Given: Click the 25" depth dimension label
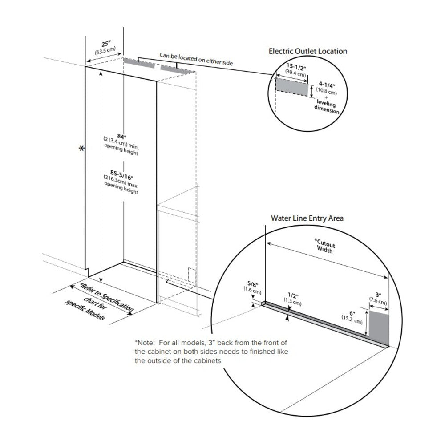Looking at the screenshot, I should pyautogui.click(x=105, y=44).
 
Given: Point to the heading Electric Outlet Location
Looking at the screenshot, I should pyautogui.click(x=307, y=51).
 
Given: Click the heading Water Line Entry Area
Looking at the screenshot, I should pyautogui.click(x=307, y=218).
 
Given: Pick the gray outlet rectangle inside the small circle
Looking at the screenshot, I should pyautogui.click(x=291, y=87).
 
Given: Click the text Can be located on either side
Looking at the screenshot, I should pyautogui.click(x=196, y=60).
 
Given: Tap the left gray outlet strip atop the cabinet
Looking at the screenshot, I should pyautogui.click(x=139, y=64).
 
